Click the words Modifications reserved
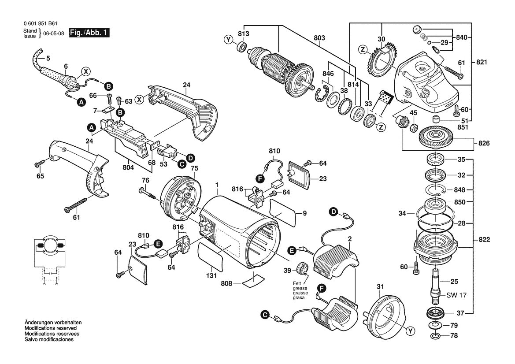click(x=50, y=328)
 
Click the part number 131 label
click(x=212, y=276)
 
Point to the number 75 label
click(x=194, y=168)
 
